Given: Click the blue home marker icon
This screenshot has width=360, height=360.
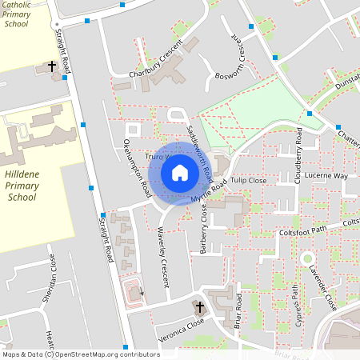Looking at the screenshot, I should [x=179, y=172].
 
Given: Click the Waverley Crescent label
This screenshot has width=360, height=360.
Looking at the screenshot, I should [x=170, y=249].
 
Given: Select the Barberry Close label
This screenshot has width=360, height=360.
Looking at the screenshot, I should [x=205, y=229].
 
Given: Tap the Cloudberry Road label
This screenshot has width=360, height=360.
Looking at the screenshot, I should [x=298, y=144].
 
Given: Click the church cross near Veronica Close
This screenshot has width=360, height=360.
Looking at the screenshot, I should [x=199, y=306].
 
